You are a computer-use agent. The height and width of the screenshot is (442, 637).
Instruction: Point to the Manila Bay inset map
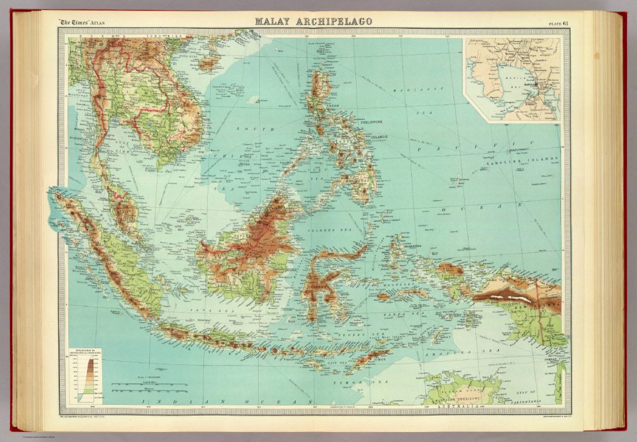(x=511, y=78)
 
